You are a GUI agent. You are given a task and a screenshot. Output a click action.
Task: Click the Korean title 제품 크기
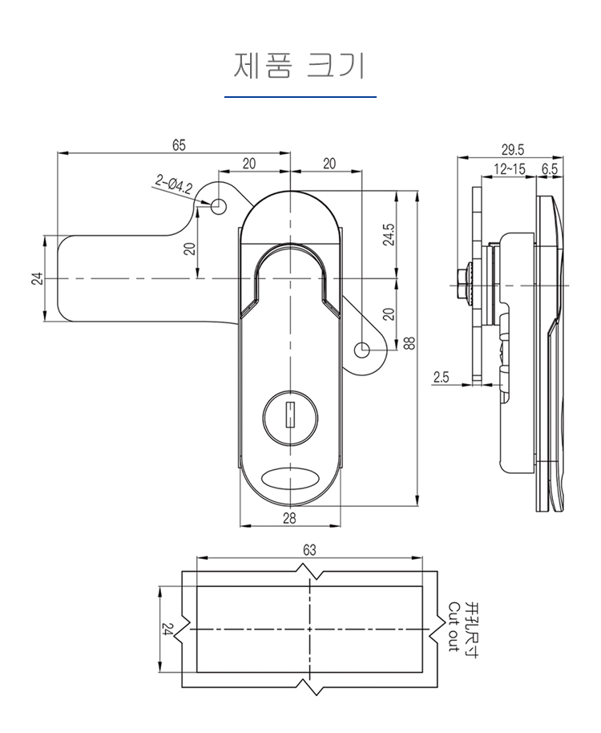click(300, 67)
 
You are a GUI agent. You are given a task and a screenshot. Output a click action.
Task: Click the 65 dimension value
click(178, 144)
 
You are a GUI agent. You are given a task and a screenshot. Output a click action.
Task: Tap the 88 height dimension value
click(409, 343)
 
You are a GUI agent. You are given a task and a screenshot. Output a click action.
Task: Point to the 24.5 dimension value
click(389, 236)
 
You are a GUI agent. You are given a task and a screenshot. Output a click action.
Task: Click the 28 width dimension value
click(289, 518)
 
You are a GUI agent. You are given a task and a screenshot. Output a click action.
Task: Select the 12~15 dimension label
click(510, 169)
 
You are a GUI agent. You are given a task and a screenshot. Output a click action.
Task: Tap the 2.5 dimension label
click(442, 377)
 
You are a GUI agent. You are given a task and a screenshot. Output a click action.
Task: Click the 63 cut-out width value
click(309, 550)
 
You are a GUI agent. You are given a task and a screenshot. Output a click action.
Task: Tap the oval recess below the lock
click(289, 478)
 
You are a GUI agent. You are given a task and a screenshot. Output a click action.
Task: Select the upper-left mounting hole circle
click(216, 205)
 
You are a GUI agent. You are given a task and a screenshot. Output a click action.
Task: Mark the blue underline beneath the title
click(300, 97)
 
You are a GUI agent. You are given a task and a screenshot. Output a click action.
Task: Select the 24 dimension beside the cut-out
click(167, 630)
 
